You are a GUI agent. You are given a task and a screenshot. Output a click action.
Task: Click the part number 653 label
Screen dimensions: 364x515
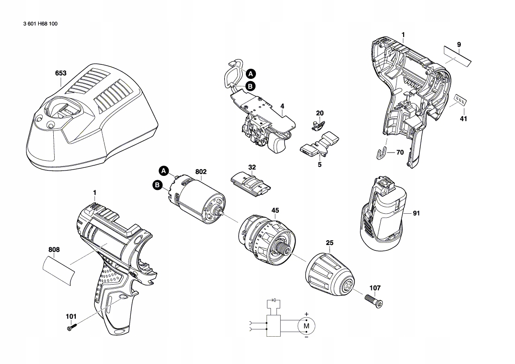(x=61, y=73)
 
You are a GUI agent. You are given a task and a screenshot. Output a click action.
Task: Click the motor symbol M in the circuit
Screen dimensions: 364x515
(x=308, y=326)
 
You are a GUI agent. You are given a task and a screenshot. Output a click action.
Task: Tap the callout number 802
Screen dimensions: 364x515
(x=201, y=171)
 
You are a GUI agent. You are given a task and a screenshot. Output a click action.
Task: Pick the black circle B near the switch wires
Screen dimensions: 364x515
(x=250, y=87)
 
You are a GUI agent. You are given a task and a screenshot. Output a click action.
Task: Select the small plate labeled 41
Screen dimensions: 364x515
(x=459, y=100)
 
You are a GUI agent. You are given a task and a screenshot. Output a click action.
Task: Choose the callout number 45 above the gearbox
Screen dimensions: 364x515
(x=275, y=211)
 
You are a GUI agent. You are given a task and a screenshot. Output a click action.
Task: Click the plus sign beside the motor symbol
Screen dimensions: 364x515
(x=307, y=314)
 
